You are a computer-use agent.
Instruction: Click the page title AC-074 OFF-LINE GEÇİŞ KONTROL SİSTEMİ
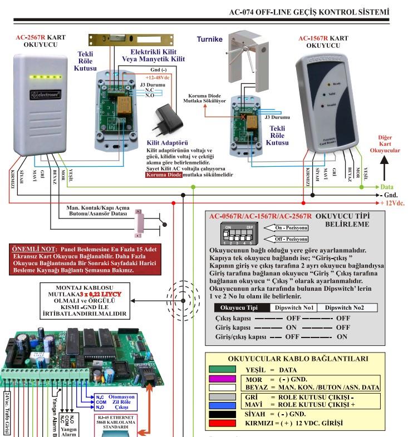[309, 12]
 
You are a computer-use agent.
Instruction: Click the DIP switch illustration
[234, 234]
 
